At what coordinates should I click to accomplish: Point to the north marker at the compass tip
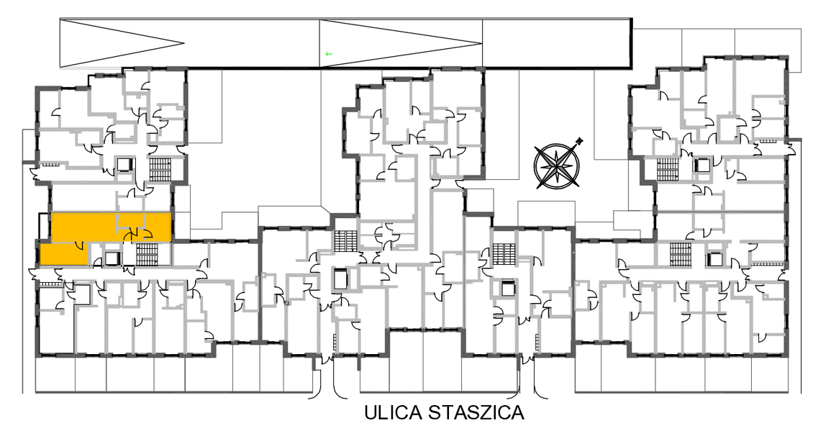pos(580,141)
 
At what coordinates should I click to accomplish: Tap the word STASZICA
pos(477,412)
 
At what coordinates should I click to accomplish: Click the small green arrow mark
pos(329,53)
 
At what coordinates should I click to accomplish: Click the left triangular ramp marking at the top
pos(122,43)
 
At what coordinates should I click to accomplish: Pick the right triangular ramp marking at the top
pos(401,43)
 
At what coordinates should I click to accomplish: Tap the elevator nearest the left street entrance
pos(340,279)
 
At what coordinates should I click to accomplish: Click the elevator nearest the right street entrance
pos(508,289)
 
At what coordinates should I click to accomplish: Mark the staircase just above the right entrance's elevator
pos(504,253)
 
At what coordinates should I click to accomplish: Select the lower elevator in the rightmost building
pos(714,259)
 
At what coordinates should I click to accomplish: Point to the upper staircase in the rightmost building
pos(667,169)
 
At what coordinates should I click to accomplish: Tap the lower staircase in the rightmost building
pos(680,254)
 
